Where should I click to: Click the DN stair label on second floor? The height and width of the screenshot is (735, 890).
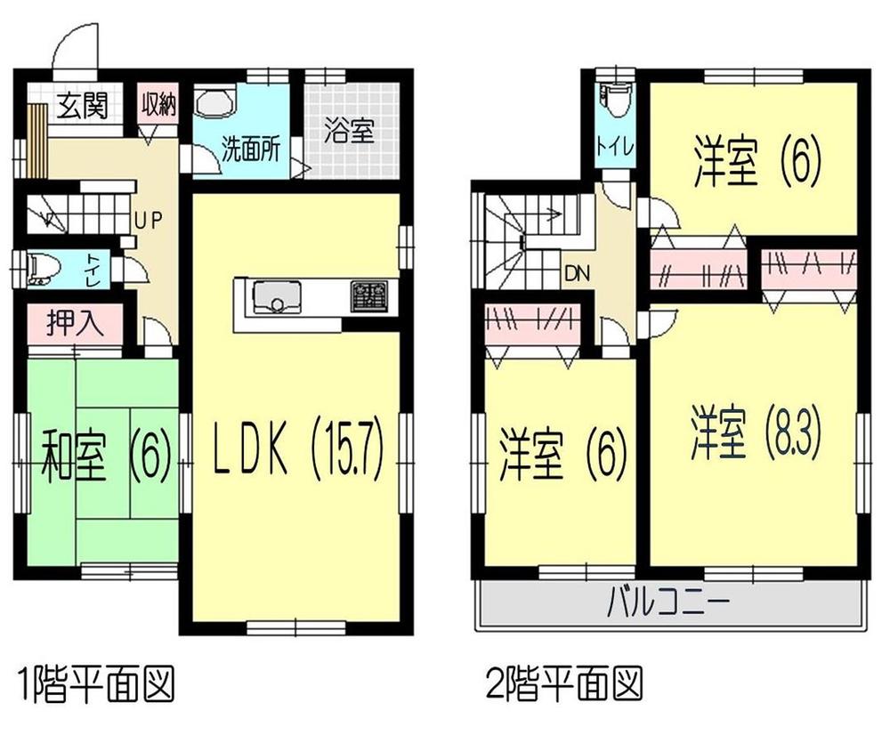(x=575, y=272)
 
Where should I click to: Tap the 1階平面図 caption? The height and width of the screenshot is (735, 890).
(x=94, y=684)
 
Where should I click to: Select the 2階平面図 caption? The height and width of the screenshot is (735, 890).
(x=563, y=684)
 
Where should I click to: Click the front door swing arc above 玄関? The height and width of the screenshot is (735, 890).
(x=74, y=44)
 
